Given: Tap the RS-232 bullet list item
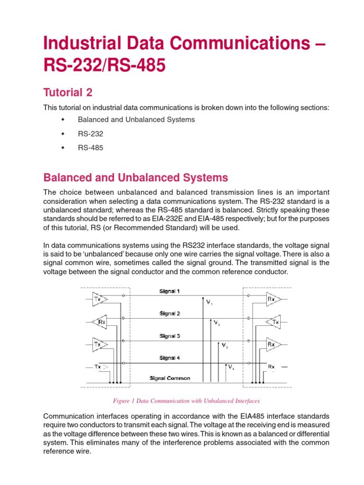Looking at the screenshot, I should tap(91, 134).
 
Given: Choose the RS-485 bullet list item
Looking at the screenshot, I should tap(91, 148).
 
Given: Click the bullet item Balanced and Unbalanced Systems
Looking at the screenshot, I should tap(136, 119).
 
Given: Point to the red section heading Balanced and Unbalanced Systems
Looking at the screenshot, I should tap(136, 178).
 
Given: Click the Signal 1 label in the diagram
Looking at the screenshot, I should tap(169, 291).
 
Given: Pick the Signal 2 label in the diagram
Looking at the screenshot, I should tap(169, 314).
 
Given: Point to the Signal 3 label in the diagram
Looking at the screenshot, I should tap(169, 336).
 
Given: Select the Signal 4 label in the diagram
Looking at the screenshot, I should tap(169, 358).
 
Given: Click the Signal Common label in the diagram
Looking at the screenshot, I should tap(170, 378).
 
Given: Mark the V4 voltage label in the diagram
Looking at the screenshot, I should tap(230, 367).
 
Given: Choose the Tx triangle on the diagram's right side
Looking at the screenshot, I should tap(275, 322).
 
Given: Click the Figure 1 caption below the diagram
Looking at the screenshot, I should tap(186, 401).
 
